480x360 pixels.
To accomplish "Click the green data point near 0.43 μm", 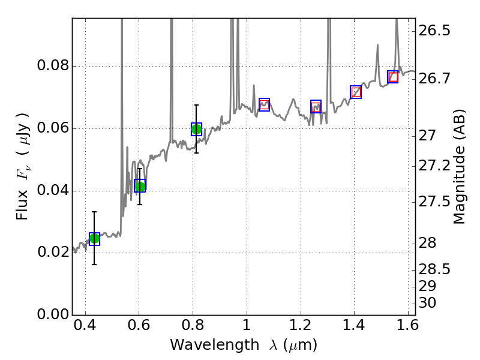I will point(94,239).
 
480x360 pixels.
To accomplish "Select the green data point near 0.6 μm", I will point(140,186).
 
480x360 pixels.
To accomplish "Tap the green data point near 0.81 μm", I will point(196,129).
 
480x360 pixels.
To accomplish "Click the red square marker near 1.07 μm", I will point(264,104).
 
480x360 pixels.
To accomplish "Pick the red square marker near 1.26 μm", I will point(316,106).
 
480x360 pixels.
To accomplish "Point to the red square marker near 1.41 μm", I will point(356,92).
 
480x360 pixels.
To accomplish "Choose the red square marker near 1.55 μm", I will point(392,77).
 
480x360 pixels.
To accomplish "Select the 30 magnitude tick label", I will point(428,303).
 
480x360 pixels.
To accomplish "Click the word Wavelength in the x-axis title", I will point(204,345).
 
